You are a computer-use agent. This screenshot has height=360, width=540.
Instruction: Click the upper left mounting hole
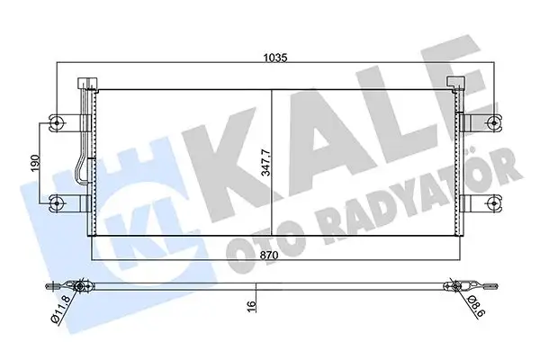[x=56, y=123]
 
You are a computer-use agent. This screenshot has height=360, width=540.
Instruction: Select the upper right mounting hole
[x=491, y=123]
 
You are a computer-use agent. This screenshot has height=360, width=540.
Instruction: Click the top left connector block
[x=87, y=84]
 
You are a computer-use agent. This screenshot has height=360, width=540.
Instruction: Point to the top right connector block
[x=457, y=84]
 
